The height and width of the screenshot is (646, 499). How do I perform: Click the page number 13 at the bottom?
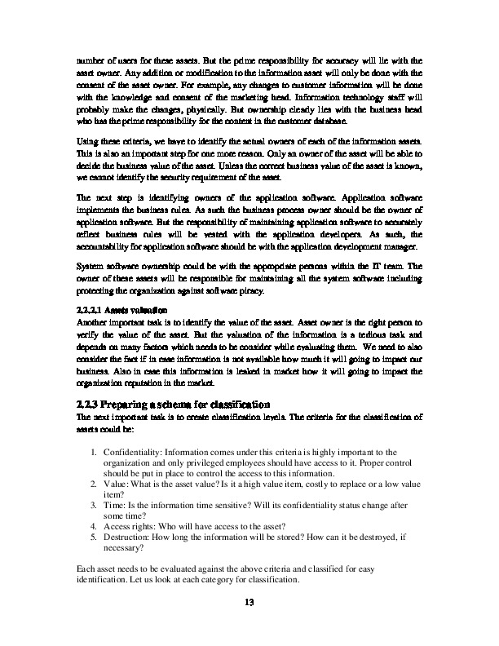(249, 604)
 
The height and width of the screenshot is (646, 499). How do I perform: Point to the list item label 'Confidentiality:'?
(135, 453)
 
